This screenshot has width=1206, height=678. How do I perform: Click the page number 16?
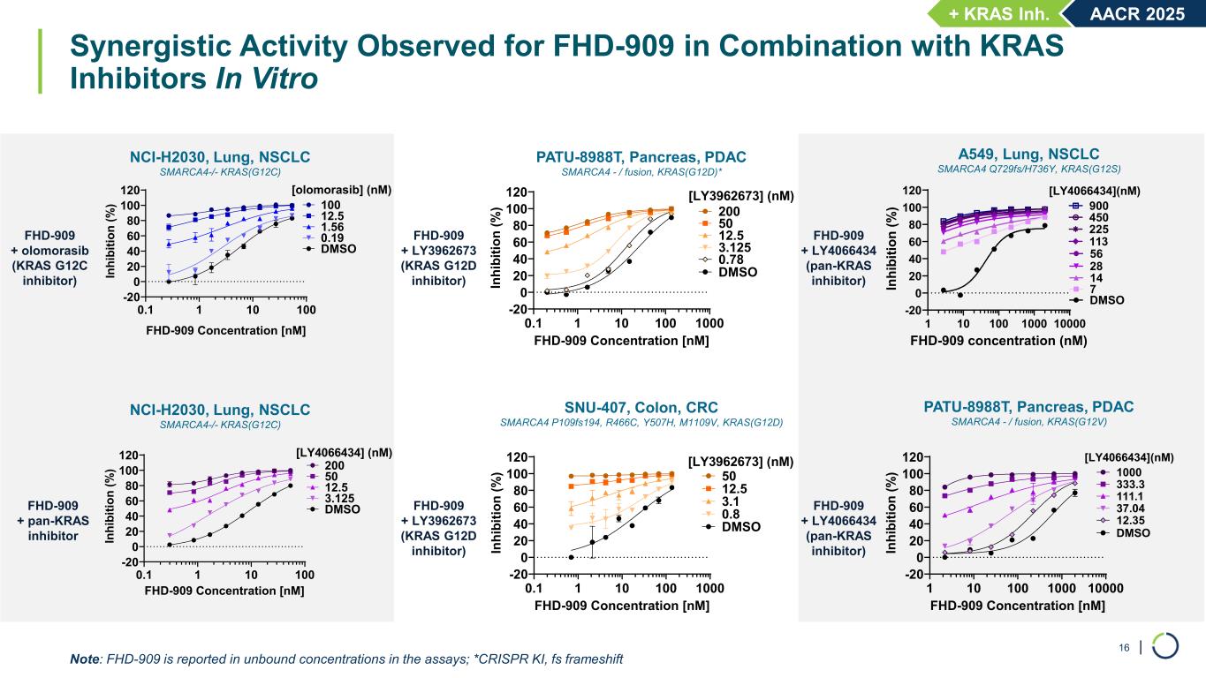point(1125,648)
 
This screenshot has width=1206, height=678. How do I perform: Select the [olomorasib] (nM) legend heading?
point(341,189)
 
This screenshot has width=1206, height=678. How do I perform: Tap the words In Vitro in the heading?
point(267,78)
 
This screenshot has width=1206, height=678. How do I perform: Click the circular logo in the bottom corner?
point(1165,646)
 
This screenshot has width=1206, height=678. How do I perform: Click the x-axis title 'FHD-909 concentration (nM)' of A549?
point(999,340)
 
